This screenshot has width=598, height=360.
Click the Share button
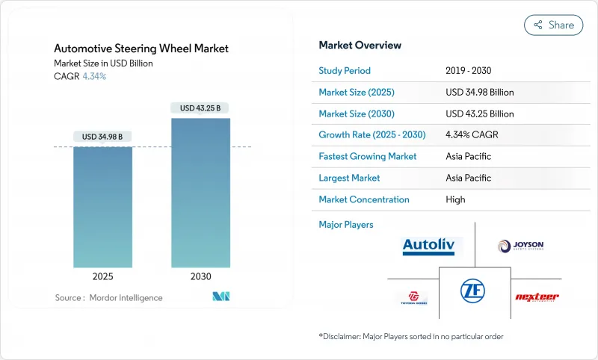pos(553,25)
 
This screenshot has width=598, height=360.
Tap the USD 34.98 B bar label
pos(102,136)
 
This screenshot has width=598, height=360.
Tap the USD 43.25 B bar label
pos(201,108)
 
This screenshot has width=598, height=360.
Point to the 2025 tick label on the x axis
pos(102,276)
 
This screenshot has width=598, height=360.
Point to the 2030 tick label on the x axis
pos(201,276)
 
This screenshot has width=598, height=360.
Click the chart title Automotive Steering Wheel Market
pos(141,49)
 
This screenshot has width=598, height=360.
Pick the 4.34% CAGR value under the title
pos(94,76)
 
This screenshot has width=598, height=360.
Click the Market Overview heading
pos(360,46)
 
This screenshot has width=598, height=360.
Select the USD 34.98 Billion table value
pos(479,93)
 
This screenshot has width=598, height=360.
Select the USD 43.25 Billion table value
pos(479,114)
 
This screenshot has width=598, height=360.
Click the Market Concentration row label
pos(364,199)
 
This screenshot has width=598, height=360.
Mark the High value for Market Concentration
pos(455,199)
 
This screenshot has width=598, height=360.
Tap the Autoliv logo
pos(431,246)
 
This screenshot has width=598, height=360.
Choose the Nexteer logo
pos(537,297)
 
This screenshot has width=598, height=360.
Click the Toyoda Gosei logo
pos(412,297)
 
